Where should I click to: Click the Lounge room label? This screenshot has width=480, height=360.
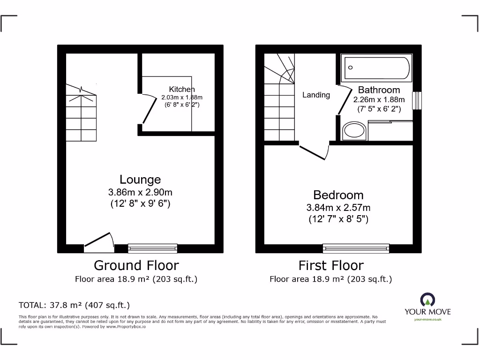coord(140,180)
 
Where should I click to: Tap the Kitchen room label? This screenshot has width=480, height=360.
coord(182,90)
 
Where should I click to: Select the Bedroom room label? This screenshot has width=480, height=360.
coord(338,195)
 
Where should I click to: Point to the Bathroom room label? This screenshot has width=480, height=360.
coord(379,90)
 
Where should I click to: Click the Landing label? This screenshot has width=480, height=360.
coord(316,95)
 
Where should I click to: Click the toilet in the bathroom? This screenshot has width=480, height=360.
coord(355,131)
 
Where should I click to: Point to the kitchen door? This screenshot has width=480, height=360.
coord(149,110)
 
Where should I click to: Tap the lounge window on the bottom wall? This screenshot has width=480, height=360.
coord(153,248)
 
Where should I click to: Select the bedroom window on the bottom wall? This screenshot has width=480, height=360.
coord(356,248)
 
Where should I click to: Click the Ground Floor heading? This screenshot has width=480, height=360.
coord(136,265)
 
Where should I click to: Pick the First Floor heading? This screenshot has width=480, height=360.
coord(331,265)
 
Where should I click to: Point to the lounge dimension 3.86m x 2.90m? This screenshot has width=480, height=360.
coord(140,192)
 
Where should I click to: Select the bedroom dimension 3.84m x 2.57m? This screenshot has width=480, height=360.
coord(338,208)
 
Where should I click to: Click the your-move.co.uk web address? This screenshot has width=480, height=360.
coord(427,320)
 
